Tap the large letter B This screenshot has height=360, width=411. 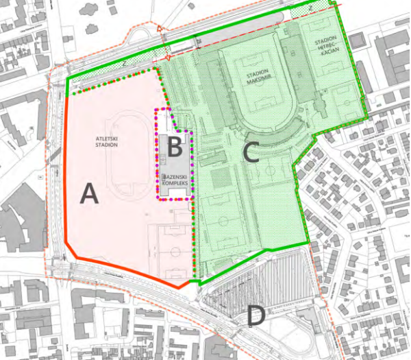point(175,145)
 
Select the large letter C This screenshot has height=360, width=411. point(251,152)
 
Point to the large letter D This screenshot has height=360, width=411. point(256,316)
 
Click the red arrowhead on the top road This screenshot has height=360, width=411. point(160,29)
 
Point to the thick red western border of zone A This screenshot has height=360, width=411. point(64,171)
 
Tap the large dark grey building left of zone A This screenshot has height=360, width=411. point(21,226)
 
